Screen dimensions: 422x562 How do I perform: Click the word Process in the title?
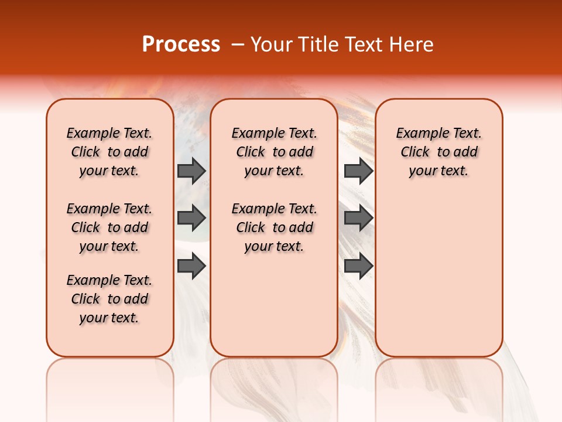tap(181, 44)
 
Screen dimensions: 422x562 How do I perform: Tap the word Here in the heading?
tap(412, 44)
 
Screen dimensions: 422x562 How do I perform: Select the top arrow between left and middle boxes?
tap(191, 171)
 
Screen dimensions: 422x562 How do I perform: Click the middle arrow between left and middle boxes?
tap(191, 219)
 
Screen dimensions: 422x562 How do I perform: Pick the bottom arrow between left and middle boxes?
tap(191, 266)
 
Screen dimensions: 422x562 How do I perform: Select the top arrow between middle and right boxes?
tap(358, 171)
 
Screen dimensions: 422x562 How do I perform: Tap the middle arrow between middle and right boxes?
tap(358, 219)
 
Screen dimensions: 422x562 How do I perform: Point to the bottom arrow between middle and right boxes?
tap(358, 266)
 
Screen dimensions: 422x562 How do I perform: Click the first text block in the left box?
tap(109, 152)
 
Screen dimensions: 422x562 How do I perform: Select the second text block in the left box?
tap(109, 227)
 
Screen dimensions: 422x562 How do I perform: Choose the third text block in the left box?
tap(109, 299)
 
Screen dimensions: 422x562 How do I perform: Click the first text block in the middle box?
tap(275, 152)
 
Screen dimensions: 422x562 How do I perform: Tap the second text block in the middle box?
tap(275, 227)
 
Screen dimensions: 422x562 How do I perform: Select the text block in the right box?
tap(439, 152)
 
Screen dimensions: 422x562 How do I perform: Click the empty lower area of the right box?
tap(439, 275)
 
